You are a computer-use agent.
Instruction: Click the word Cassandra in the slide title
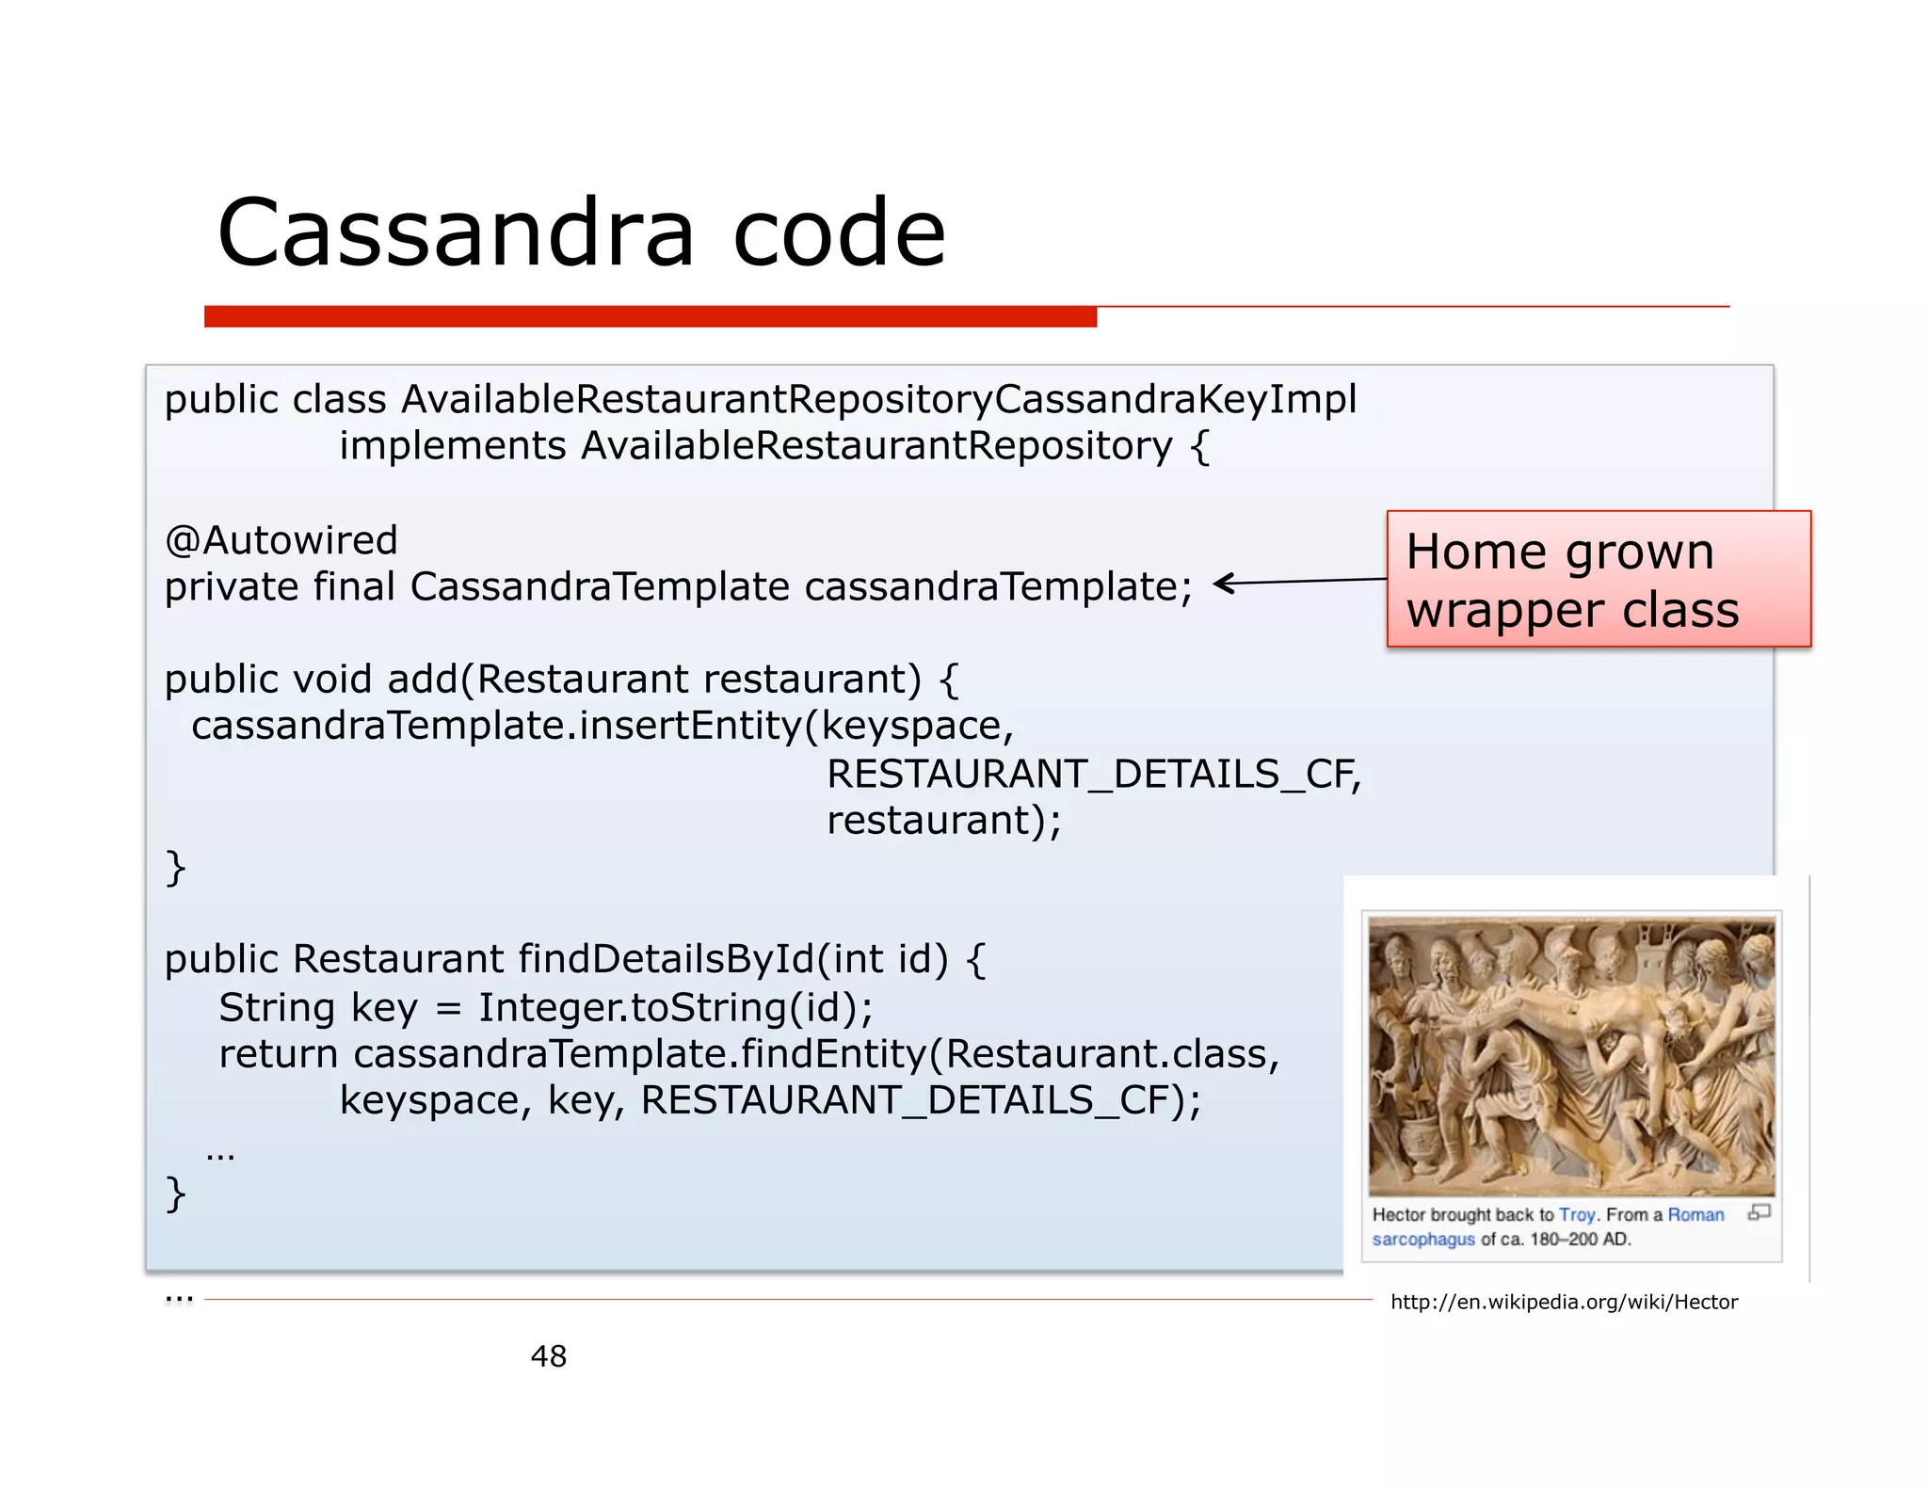click(x=456, y=232)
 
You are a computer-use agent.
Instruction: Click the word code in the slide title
click(x=838, y=232)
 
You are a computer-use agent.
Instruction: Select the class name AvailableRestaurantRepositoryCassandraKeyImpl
click(x=879, y=399)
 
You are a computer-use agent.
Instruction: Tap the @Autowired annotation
click(x=281, y=540)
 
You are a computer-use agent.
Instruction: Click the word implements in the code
click(x=452, y=446)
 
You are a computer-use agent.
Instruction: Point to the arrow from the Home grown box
click(x=1299, y=582)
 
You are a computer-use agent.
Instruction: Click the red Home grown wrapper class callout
click(x=1598, y=579)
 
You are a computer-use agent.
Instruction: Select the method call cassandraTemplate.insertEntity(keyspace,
click(x=602, y=726)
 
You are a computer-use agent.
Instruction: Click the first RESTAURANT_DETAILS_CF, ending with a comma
click(x=1094, y=774)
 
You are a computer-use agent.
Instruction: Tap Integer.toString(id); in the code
click(x=676, y=1007)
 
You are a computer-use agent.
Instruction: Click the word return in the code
click(x=278, y=1054)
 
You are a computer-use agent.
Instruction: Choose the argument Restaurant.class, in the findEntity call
click(x=1113, y=1054)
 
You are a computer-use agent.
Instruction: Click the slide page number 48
click(x=549, y=1356)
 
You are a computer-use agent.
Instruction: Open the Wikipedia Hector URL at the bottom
click(x=1564, y=1302)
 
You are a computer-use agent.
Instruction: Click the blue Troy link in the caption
click(x=1577, y=1215)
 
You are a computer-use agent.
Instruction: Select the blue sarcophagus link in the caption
click(x=1423, y=1240)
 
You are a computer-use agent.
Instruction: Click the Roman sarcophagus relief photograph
click(x=1571, y=1056)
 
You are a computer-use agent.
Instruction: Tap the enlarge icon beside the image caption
click(x=1759, y=1212)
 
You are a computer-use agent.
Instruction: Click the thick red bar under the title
click(x=650, y=316)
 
